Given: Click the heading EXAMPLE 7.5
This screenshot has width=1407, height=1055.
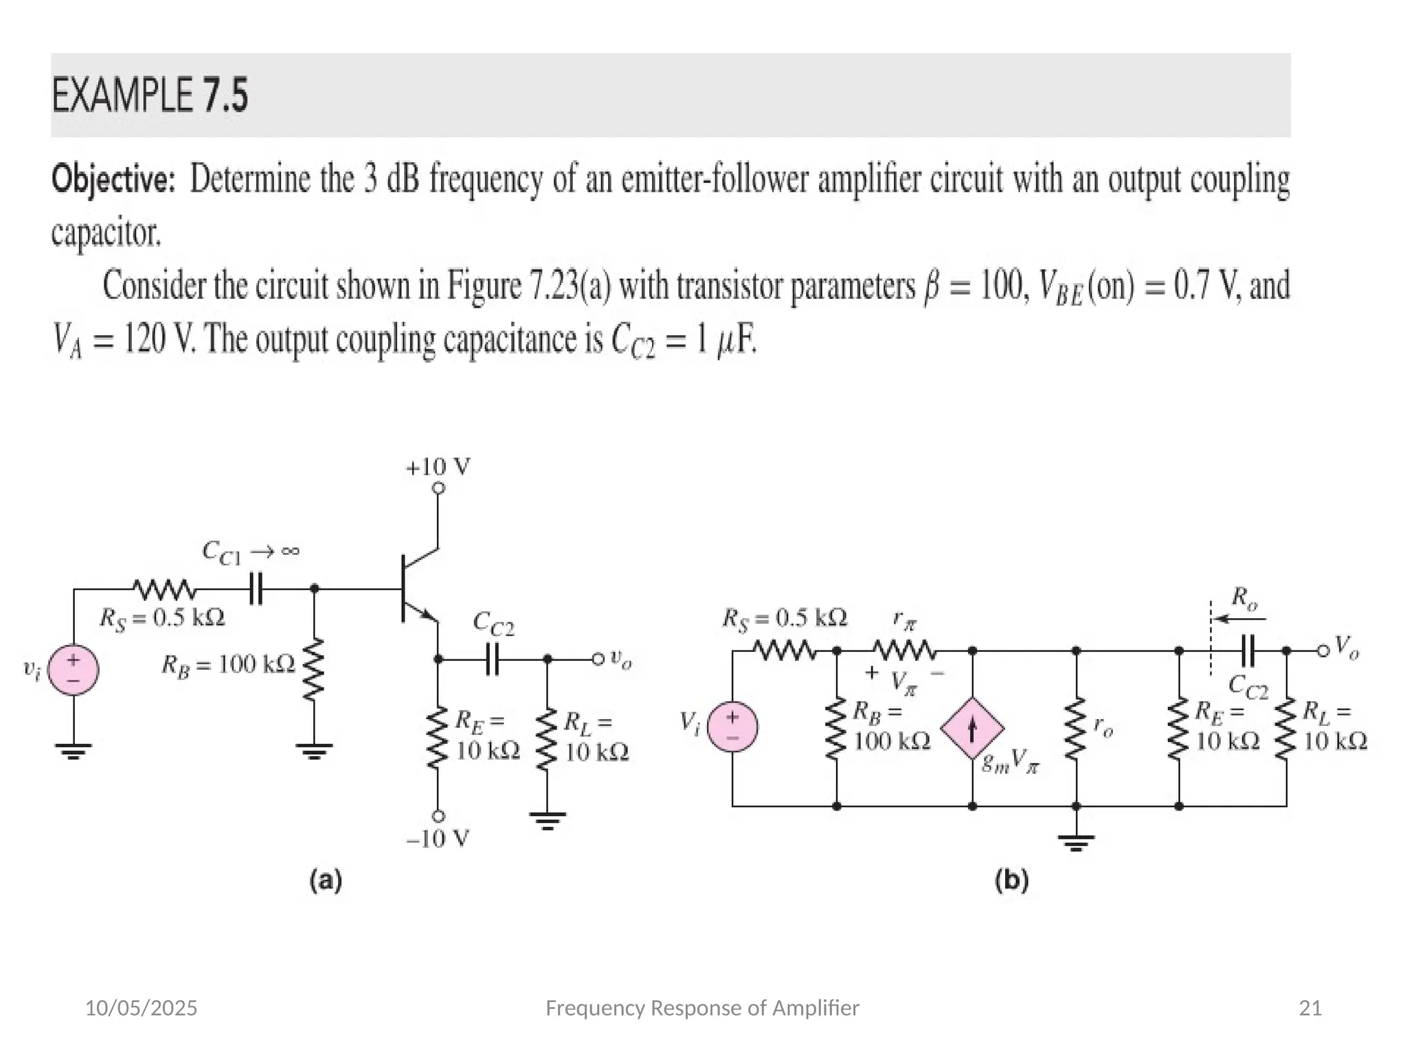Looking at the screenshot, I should (x=150, y=95).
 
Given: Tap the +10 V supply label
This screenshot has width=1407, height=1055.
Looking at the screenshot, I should (x=438, y=468).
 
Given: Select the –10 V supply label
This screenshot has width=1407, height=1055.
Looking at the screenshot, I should (x=438, y=838).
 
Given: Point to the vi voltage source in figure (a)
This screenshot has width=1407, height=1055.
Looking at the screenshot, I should (x=74, y=670).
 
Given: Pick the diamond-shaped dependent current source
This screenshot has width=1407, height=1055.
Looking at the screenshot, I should (x=972, y=728).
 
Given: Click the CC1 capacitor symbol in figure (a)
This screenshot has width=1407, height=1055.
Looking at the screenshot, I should (x=256, y=589).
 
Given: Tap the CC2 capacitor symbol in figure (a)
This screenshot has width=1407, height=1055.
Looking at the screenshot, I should (x=492, y=659).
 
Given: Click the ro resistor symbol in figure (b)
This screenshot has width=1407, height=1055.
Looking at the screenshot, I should (x=1076, y=728).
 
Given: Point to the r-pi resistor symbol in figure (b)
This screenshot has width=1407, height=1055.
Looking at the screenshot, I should (x=904, y=650).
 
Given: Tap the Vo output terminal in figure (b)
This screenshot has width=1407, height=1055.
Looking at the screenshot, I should (x=1323, y=650).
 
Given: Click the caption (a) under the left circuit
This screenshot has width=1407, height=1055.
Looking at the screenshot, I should (x=326, y=881).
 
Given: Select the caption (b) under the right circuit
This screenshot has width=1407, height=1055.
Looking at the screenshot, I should (x=1011, y=881).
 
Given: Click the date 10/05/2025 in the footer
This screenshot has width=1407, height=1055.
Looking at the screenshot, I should (x=141, y=1008).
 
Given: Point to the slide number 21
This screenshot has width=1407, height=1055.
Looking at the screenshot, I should (x=1310, y=1008).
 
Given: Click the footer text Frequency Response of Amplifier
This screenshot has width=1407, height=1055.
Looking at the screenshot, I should (x=701, y=1008).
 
